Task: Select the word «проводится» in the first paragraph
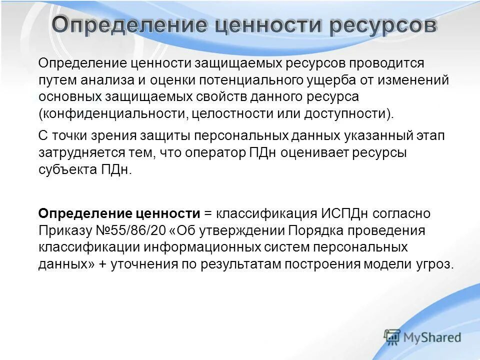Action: point(386,63)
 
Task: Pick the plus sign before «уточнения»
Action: point(102,264)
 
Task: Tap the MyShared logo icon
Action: point(393,337)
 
